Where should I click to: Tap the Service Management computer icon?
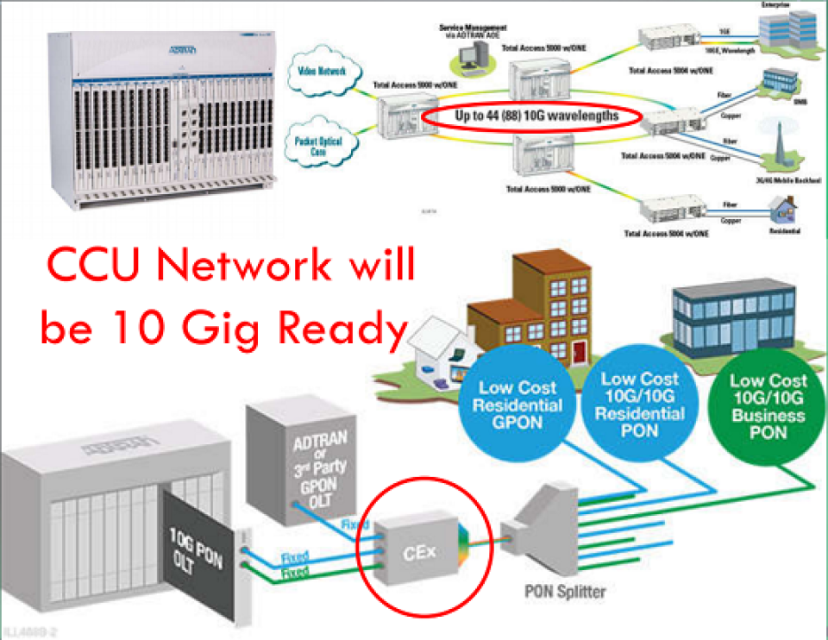(470, 56)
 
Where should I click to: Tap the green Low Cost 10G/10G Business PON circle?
(768, 405)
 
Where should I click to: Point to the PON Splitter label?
(564, 592)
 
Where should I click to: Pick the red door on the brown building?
(579, 349)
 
